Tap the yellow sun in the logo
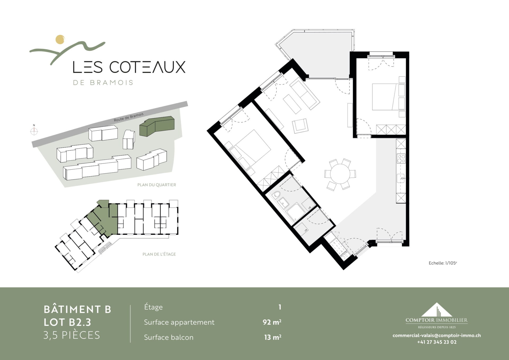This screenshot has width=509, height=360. [60, 39]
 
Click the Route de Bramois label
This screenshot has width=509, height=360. [129, 117]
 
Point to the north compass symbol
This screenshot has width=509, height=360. [34, 131]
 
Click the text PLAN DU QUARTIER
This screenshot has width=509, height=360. [157, 185]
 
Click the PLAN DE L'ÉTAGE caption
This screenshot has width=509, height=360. [159, 254]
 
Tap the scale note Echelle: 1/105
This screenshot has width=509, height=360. [443, 263]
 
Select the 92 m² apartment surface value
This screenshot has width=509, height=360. [272, 322]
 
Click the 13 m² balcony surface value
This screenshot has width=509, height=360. [273, 337]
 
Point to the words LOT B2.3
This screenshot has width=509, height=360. [67, 322]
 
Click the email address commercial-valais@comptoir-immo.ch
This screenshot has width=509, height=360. [437, 335]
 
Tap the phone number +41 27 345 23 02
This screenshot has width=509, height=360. [437, 342]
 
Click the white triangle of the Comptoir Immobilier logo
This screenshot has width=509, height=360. [436, 310]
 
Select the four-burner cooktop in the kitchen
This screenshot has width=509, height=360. [401, 159]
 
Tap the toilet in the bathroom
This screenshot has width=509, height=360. [276, 195]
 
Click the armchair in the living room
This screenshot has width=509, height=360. [300, 126]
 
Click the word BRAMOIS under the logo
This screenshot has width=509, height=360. [111, 83]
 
